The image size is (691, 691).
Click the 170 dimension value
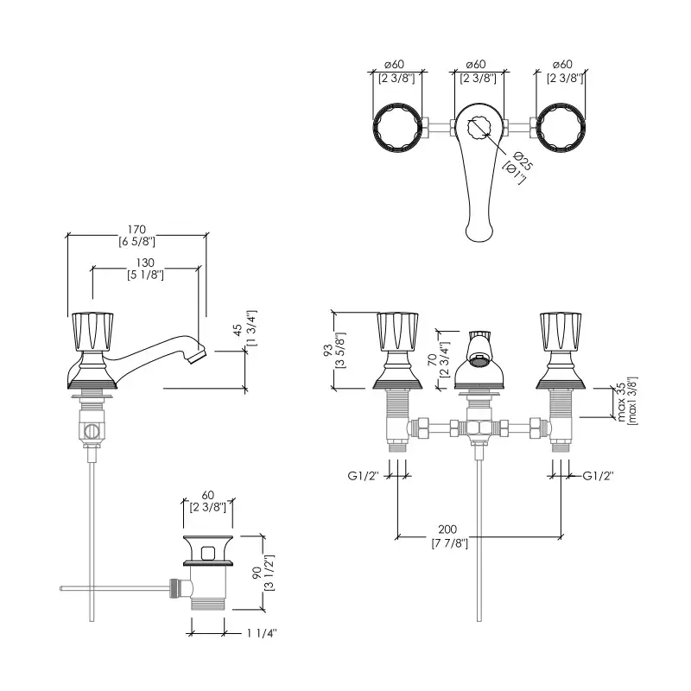(136, 229)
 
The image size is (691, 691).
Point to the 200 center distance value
(448, 529)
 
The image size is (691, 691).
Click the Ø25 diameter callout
(518, 161)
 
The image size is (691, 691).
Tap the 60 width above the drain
(207, 495)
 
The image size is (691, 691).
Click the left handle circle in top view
(398, 130)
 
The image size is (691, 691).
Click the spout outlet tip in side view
(200, 354)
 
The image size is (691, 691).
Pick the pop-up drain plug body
(207, 574)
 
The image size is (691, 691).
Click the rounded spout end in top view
(479, 229)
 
